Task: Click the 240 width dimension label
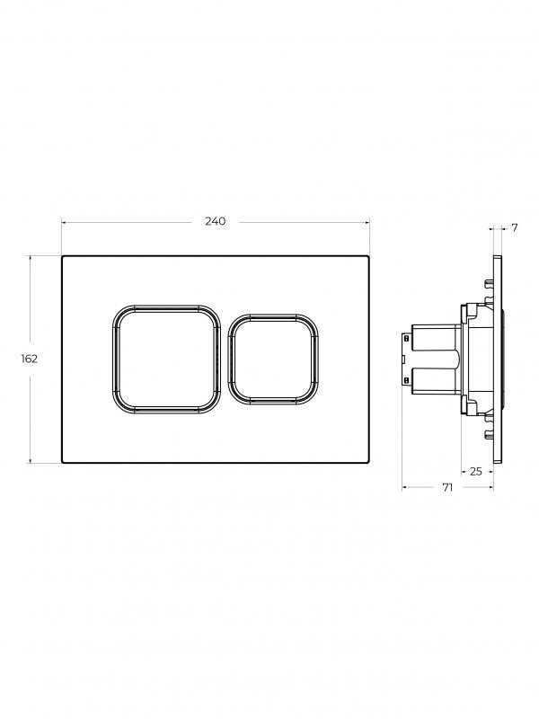tap(215, 221)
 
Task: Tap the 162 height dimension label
tap(30, 359)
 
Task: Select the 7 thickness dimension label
tap(514, 227)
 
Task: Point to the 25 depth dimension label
tap(476, 471)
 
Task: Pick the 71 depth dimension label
tap(447, 487)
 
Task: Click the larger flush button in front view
tap(166, 359)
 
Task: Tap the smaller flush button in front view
tap(274, 359)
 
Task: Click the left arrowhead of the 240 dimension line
tap(65, 223)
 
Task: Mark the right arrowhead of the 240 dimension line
tap(367, 223)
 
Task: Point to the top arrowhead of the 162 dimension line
tap(31, 259)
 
